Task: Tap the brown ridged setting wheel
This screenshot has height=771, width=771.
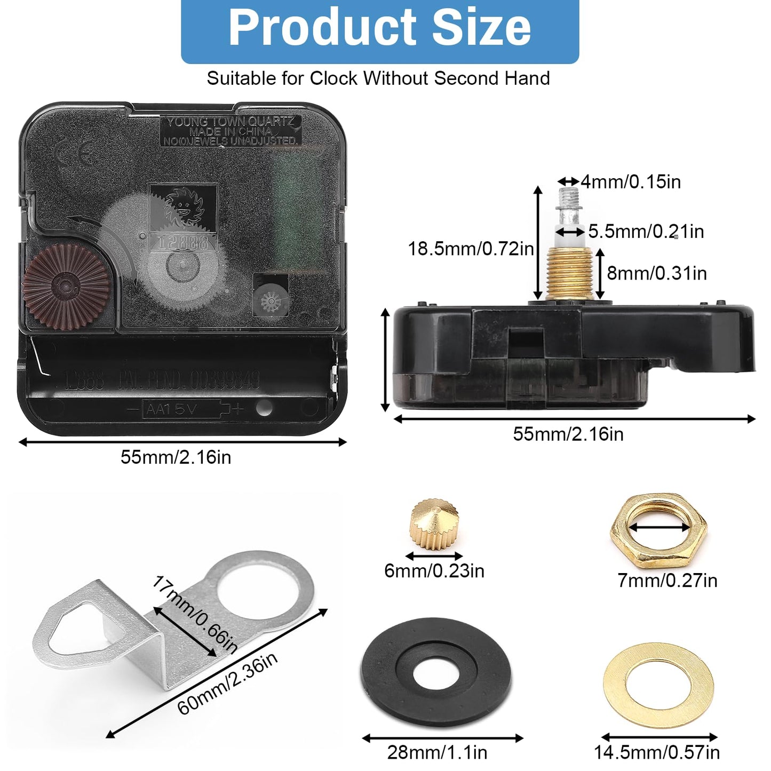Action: pyautogui.click(x=66, y=287)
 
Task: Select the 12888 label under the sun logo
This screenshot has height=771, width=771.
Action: pyautogui.click(x=183, y=242)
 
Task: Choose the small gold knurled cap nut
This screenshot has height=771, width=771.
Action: pyautogui.click(x=434, y=523)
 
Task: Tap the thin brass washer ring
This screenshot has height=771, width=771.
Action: pyautogui.click(x=658, y=685)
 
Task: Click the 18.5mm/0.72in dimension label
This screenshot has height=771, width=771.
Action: pyautogui.click(x=471, y=249)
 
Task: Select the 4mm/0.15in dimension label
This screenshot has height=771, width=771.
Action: pyautogui.click(x=631, y=182)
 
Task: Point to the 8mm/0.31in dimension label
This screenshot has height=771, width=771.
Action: pyautogui.click(x=657, y=273)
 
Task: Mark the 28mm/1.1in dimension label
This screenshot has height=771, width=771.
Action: pyautogui.click(x=437, y=752)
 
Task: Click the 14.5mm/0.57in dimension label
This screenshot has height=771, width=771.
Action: pyautogui.click(x=657, y=752)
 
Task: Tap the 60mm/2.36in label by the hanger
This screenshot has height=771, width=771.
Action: pyautogui.click(x=228, y=683)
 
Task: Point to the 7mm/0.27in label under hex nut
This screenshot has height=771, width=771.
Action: pyautogui.click(x=667, y=580)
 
